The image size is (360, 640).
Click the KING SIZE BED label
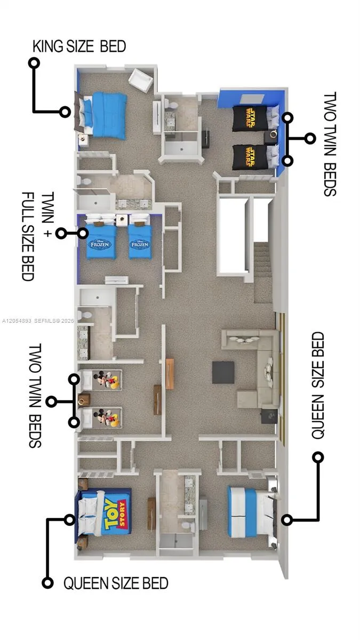tap(79, 46)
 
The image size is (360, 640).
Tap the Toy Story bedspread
tap(110, 513)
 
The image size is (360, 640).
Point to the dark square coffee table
tap(223, 372)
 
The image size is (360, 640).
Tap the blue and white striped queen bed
tap(251, 513)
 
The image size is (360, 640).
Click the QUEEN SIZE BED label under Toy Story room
tap(116, 583)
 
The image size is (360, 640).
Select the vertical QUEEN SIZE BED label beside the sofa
tap(318, 385)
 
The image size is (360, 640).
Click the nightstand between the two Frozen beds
tap(122, 220)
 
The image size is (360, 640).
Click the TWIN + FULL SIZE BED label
tap(38, 236)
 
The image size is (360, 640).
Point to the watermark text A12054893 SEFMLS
tap(38, 321)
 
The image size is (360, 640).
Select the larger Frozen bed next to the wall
tap(101, 237)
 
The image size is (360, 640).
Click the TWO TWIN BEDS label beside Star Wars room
tap(330, 144)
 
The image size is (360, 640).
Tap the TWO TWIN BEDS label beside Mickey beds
tap(35, 395)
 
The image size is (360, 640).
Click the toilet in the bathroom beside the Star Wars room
tap(171, 105)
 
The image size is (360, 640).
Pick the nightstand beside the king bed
tap(83, 139)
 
